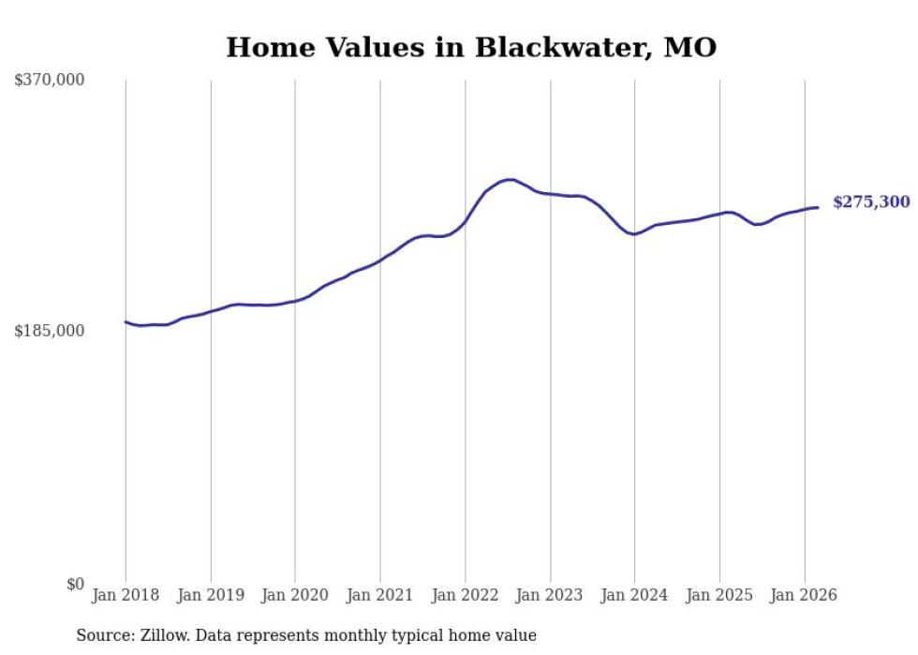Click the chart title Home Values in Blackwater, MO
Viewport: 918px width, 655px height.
(x=471, y=48)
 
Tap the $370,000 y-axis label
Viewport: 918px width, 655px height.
(x=50, y=81)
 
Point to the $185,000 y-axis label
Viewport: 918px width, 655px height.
(x=50, y=331)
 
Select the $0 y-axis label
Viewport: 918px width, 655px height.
(x=74, y=584)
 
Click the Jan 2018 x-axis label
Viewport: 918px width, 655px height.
(x=126, y=595)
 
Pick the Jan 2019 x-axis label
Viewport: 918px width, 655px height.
(x=211, y=595)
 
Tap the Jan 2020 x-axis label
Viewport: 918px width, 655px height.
(x=295, y=595)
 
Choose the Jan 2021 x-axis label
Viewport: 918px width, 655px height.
(x=380, y=595)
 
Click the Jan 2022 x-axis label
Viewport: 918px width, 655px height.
(x=466, y=595)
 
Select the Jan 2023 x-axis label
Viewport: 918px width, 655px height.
(x=550, y=595)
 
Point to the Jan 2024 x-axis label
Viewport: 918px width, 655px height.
(x=634, y=595)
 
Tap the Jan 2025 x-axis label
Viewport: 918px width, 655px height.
(x=719, y=595)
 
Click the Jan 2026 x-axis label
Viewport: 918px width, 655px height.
(x=805, y=595)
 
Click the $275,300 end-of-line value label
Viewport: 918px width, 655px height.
(x=871, y=202)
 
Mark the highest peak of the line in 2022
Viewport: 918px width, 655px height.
(x=509, y=179)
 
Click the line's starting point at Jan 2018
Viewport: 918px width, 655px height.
(x=126, y=321)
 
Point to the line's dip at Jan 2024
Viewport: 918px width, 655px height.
(x=634, y=234)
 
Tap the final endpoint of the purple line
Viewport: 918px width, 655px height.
(x=818, y=207)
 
